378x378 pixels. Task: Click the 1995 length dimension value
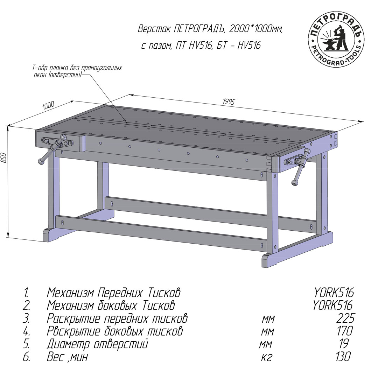228,101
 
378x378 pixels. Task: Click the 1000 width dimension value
48,105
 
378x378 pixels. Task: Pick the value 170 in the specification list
345,331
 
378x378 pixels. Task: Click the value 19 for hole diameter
344,344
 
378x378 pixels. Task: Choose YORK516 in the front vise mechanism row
334,293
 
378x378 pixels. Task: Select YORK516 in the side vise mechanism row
333,306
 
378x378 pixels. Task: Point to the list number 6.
27,357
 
